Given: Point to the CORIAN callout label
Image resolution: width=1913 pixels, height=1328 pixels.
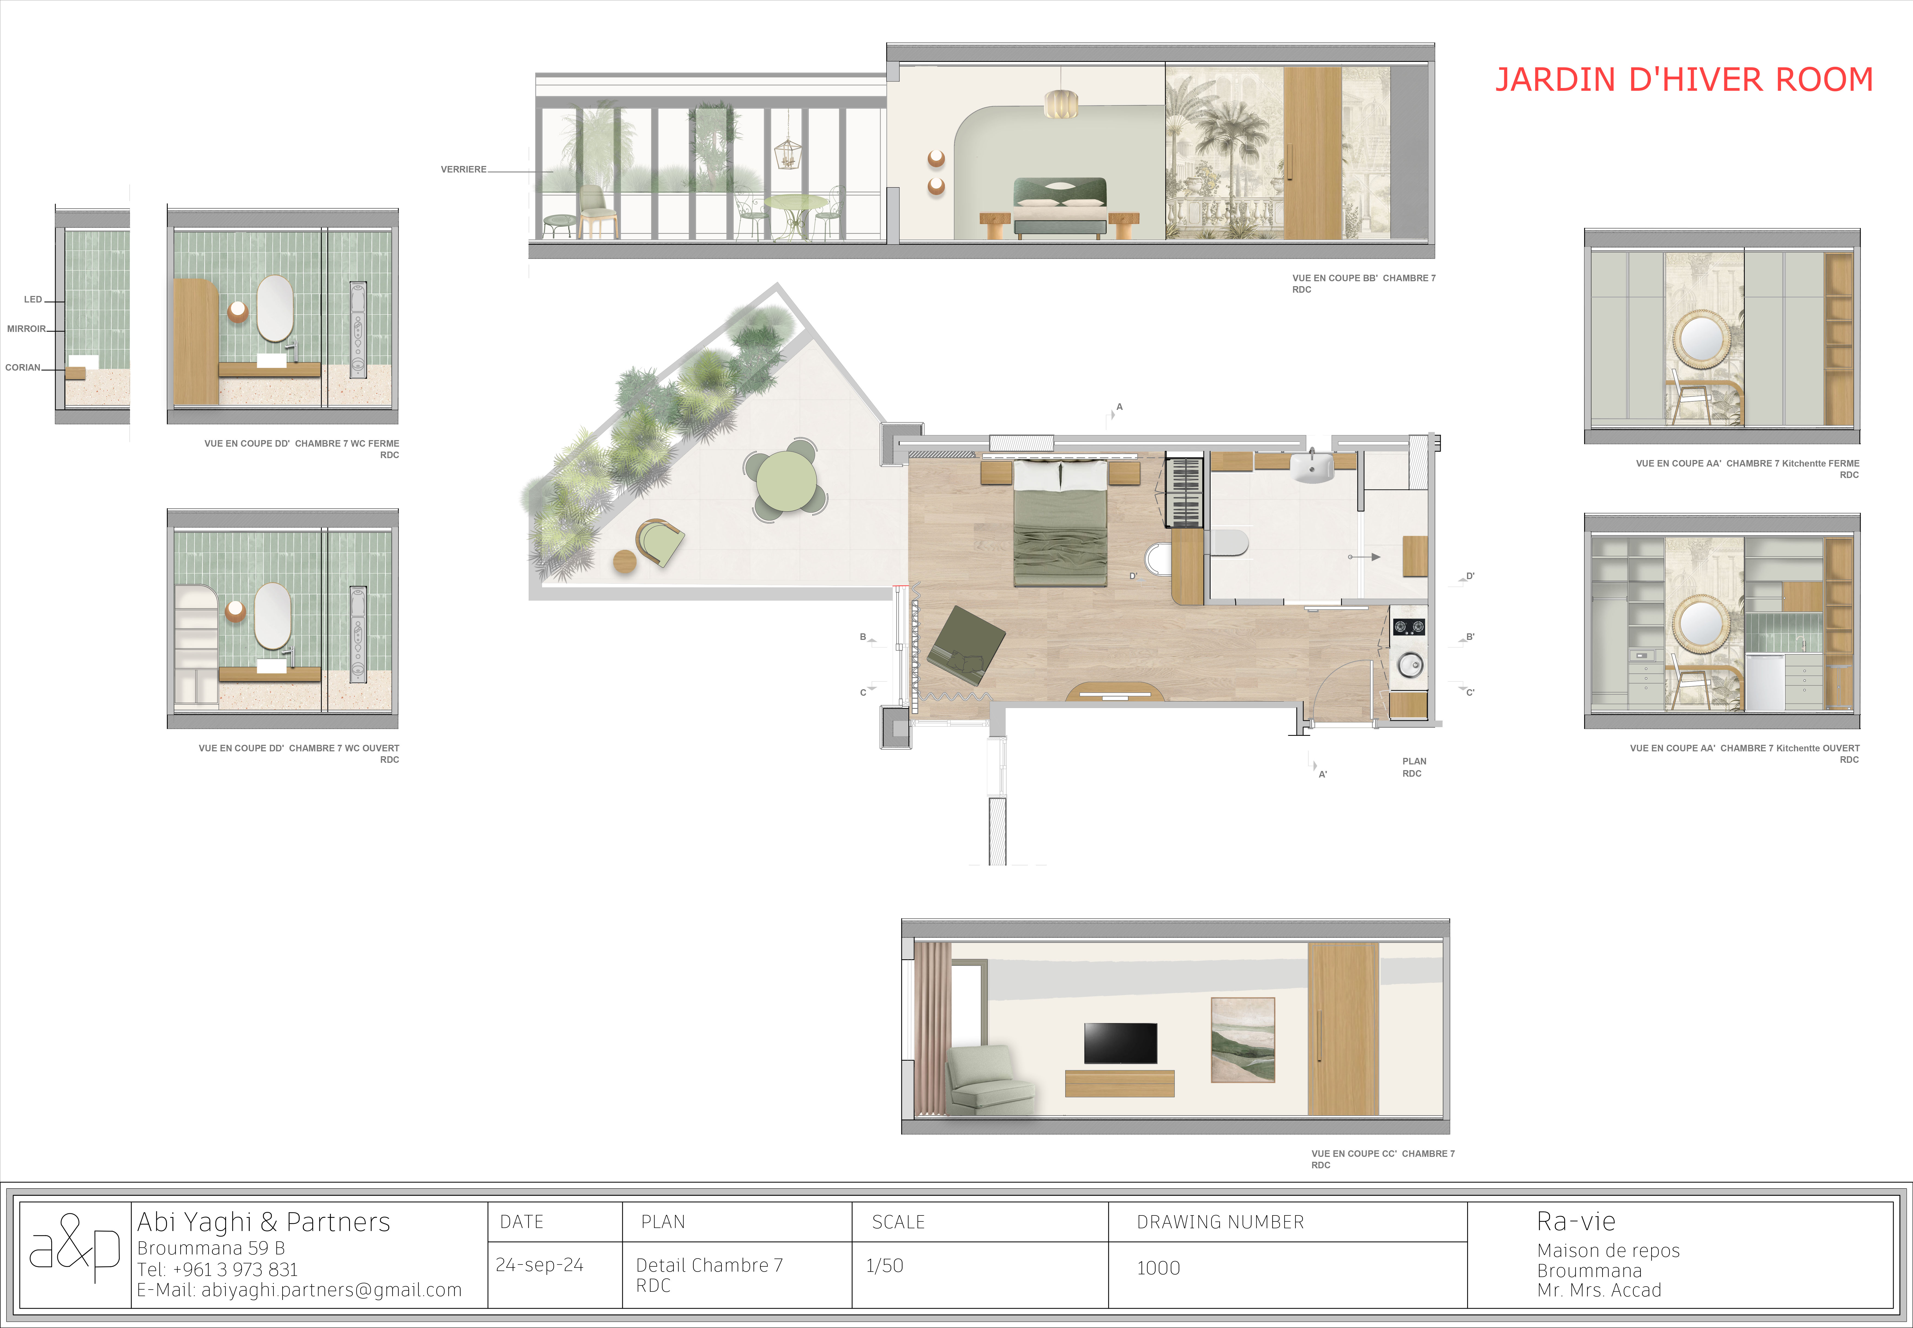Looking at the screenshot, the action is click(x=22, y=368).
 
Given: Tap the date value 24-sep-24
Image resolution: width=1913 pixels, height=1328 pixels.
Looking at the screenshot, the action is click(x=539, y=1265).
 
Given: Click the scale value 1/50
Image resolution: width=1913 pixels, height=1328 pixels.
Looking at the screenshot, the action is click(x=884, y=1266).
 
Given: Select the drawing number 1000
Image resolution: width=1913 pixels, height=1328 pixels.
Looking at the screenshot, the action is click(x=1158, y=1268).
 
